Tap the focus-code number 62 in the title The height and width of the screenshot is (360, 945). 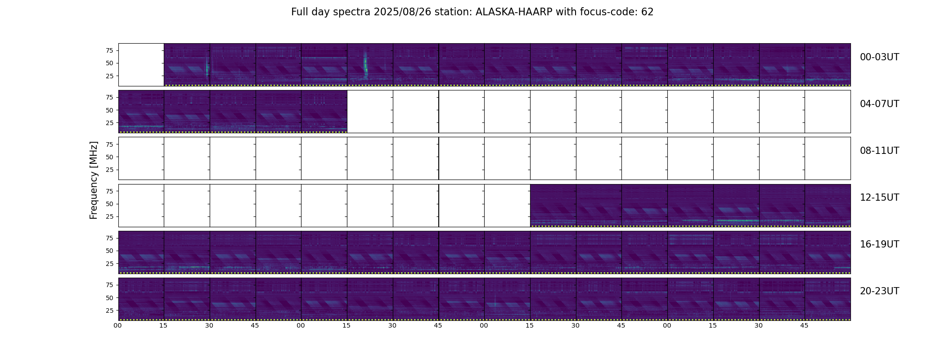point(648,12)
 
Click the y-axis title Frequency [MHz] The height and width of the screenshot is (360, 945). point(94,180)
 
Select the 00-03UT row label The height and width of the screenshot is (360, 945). point(879,57)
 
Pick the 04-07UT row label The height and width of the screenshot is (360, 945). point(879,104)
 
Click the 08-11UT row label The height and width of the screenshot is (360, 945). point(879,151)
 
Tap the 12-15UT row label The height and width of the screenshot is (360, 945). point(879,198)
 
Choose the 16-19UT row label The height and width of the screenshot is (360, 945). point(879,244)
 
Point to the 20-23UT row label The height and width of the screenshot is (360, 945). point(879,291)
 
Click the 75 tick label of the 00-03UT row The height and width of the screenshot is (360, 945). point(109,50)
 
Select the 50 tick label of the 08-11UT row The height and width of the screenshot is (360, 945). point(109,157)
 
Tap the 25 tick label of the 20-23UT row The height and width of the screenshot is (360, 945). point(109,310)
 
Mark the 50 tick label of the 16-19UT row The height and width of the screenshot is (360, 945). point(109,251)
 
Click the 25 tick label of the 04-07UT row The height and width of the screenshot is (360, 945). point(109,123)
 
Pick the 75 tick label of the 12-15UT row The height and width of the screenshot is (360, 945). point(109,191)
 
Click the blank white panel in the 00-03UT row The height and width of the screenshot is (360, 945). point(141,65)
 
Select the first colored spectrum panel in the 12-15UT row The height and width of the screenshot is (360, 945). point(553,205)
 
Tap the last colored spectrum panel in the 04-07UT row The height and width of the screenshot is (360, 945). point(324,112)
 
